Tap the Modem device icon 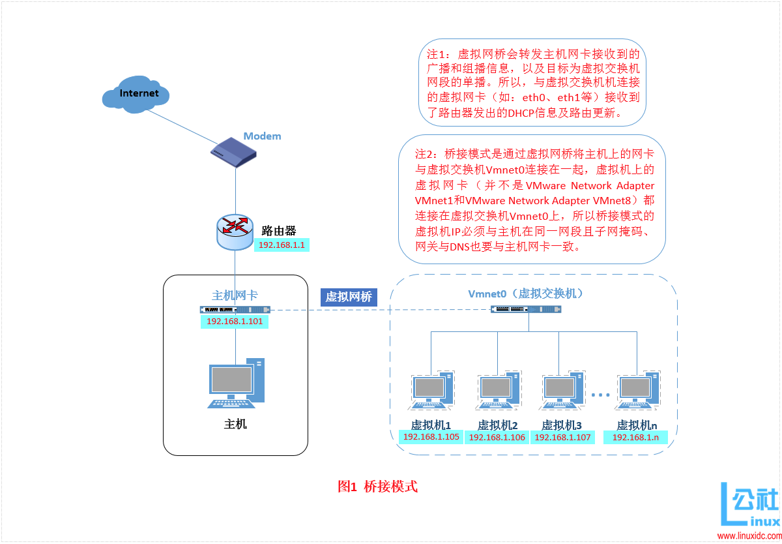point(233,152)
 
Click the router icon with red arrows point(235,230)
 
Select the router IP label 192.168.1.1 point(282,245)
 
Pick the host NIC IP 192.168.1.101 point(235,322)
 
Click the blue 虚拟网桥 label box point(349,297)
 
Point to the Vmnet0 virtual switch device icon point(525,309)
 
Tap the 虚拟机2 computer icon point(499,392)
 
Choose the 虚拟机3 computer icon point(563,392)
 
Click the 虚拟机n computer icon point(637,392)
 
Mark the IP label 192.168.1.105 point(431,437)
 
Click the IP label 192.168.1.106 point(497,438)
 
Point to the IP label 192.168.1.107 point(562,438)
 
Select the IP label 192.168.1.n point(636,437)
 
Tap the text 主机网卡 point(235,295)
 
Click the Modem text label point(262,136)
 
